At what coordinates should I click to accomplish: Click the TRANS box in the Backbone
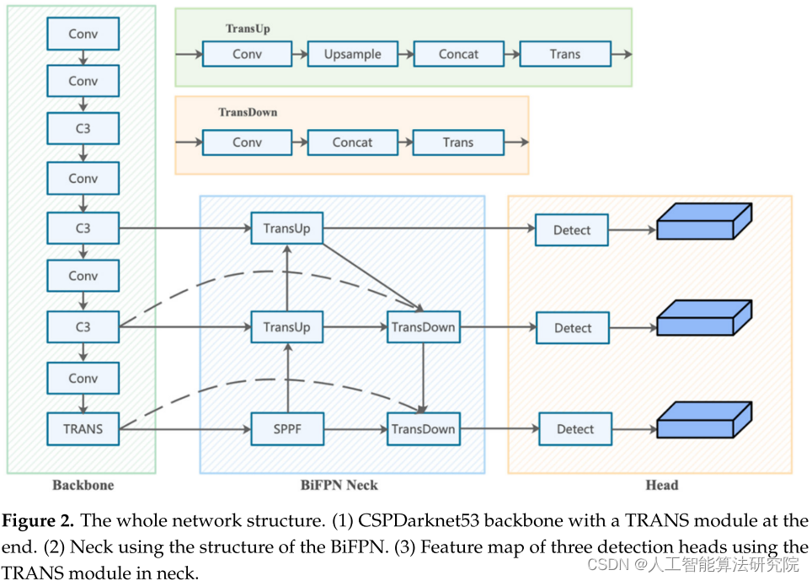[83, 428]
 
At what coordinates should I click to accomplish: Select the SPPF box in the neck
[287, 429]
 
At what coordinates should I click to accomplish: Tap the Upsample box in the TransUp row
[353, 54]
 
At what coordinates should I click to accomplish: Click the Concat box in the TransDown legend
[352, 143]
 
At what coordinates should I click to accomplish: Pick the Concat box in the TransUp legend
[458, 54]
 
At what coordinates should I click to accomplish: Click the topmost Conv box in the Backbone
[83, 34]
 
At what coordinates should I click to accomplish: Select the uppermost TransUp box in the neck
[286, 229]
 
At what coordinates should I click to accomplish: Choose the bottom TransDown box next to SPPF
[423, 429]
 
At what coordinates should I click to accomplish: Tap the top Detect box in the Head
[572, 230]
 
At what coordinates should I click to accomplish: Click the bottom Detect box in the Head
[575, 429]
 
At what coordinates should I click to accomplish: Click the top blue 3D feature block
[702, 222]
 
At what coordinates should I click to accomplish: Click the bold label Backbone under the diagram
[83, 485]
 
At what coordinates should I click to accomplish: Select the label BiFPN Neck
[339, 485]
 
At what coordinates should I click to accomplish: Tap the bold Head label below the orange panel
[661, 485]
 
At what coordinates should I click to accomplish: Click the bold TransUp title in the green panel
[248, 29]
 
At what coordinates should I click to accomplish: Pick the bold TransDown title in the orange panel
[248, 112]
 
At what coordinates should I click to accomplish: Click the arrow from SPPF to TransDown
[355, 429]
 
